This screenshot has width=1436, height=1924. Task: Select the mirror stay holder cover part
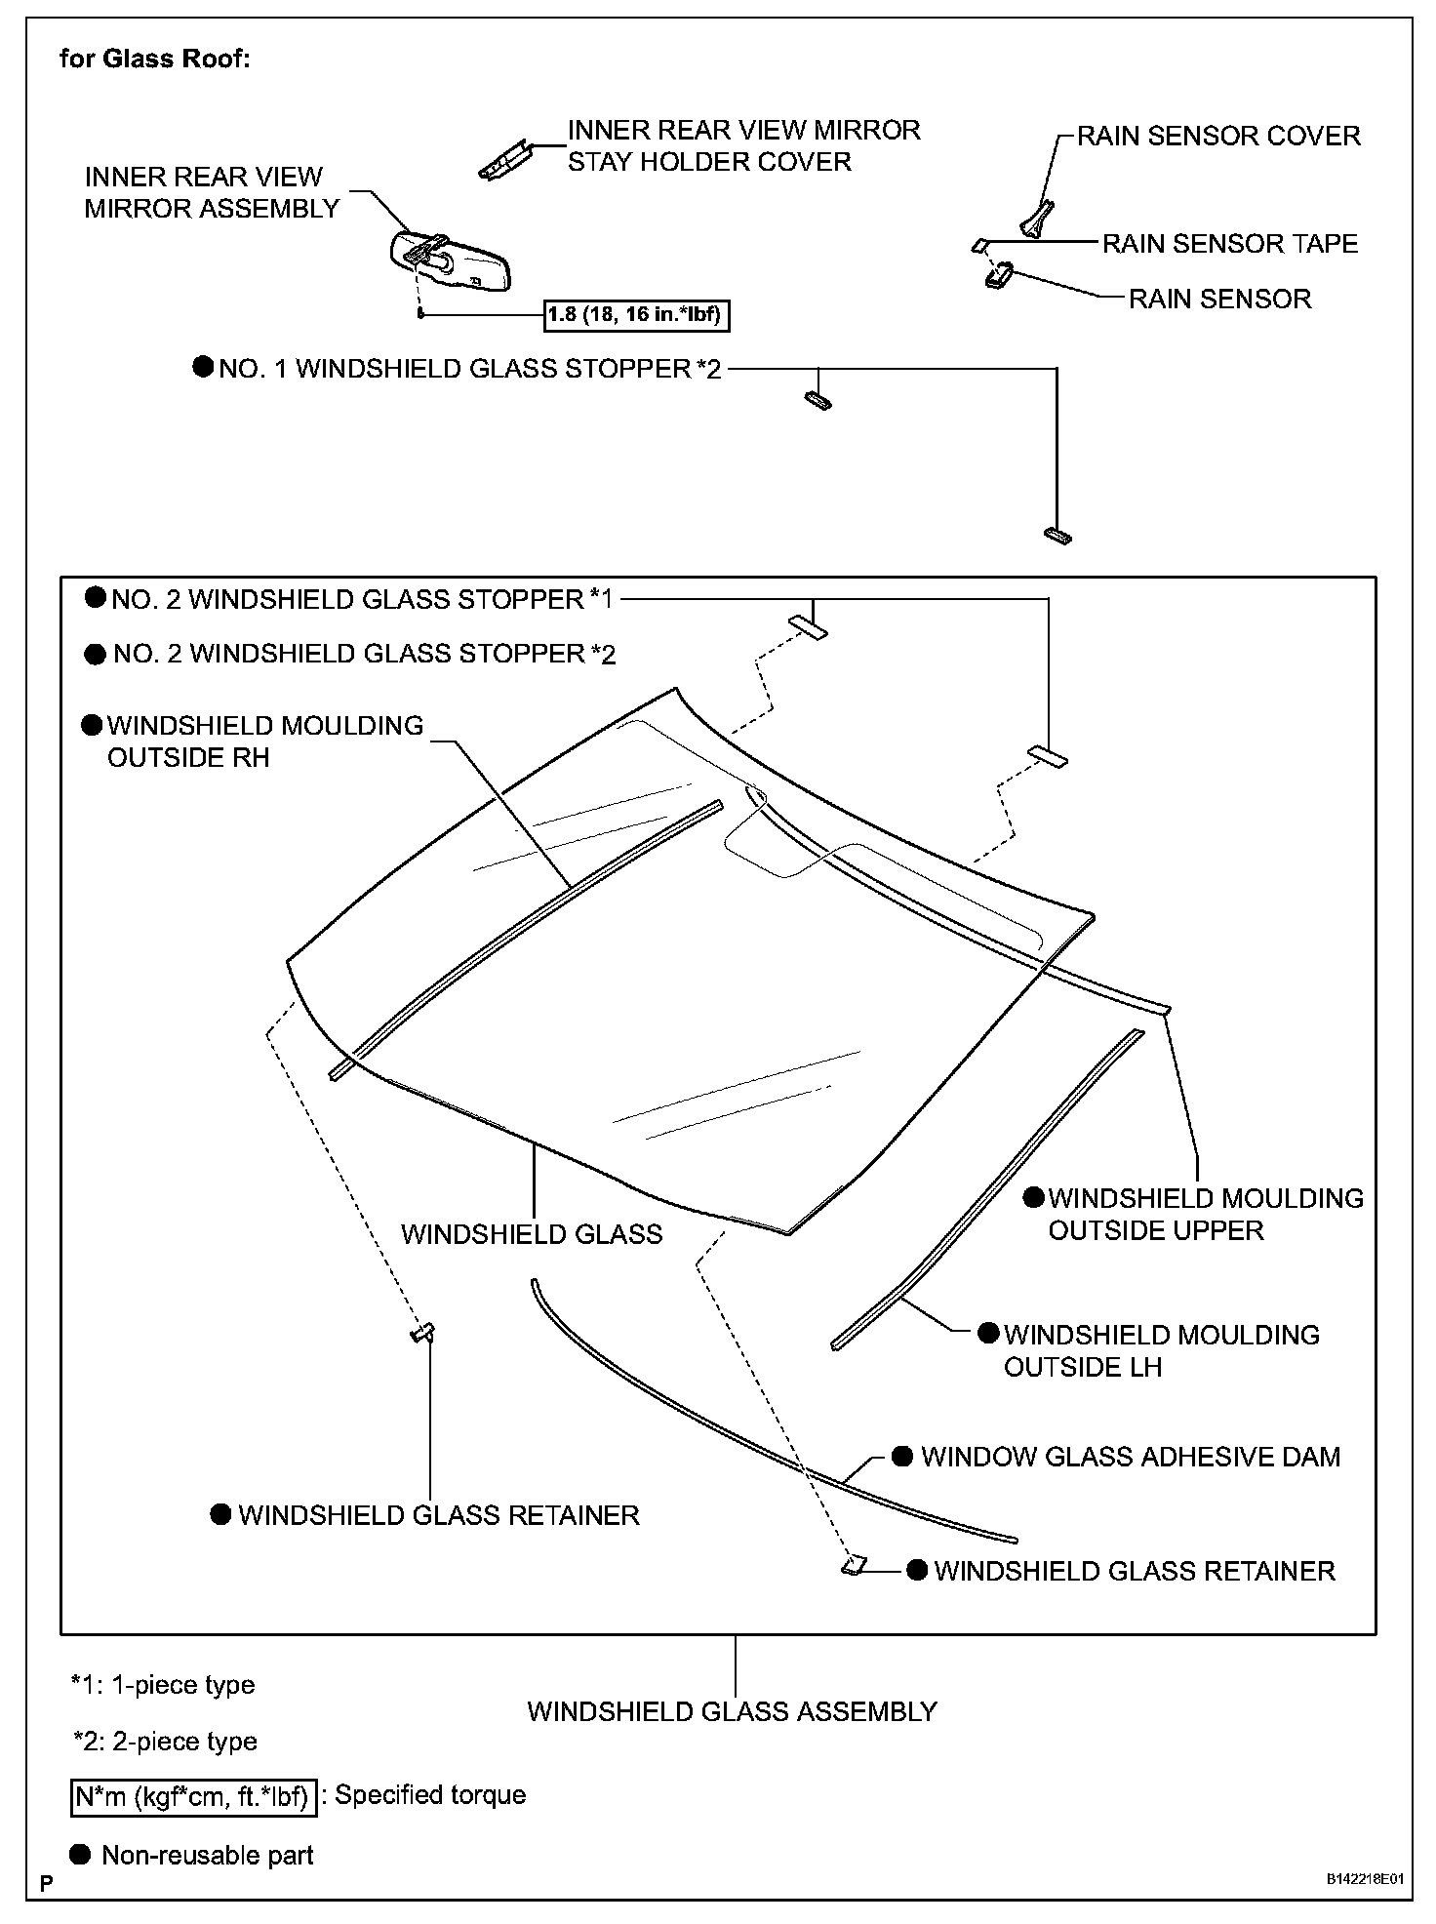coord(504,159)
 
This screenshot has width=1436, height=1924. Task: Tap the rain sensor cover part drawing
coord(1037,218)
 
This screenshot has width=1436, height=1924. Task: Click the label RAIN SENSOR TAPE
coord(1229,243)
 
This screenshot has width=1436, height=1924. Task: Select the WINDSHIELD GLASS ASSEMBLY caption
coord(732,1711)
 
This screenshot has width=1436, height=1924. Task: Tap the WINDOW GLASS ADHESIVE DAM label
coord(1130,1457)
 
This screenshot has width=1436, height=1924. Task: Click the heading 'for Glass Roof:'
coord(155,59)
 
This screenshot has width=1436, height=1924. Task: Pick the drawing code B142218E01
coord(1364,1878)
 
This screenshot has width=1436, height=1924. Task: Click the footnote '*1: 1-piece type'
coord(163,1685)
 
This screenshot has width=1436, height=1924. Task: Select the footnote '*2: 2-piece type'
coord(165,1741)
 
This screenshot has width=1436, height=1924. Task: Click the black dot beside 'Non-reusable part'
coord(82,1855)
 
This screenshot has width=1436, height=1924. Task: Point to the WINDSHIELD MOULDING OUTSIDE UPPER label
coord(1205,1214)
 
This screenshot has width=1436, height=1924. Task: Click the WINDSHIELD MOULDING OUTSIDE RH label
coord(264,742)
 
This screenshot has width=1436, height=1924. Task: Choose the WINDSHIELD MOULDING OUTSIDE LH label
coord(1161,1350)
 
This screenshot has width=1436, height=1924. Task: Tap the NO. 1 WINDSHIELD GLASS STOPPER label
coord(469,369)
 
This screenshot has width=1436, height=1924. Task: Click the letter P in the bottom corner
coord(46,1882)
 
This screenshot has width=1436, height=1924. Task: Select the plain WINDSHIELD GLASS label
coord(532,1234)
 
